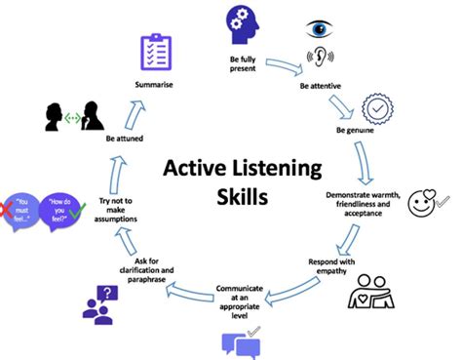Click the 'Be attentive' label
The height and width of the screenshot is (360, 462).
pos(318,86)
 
